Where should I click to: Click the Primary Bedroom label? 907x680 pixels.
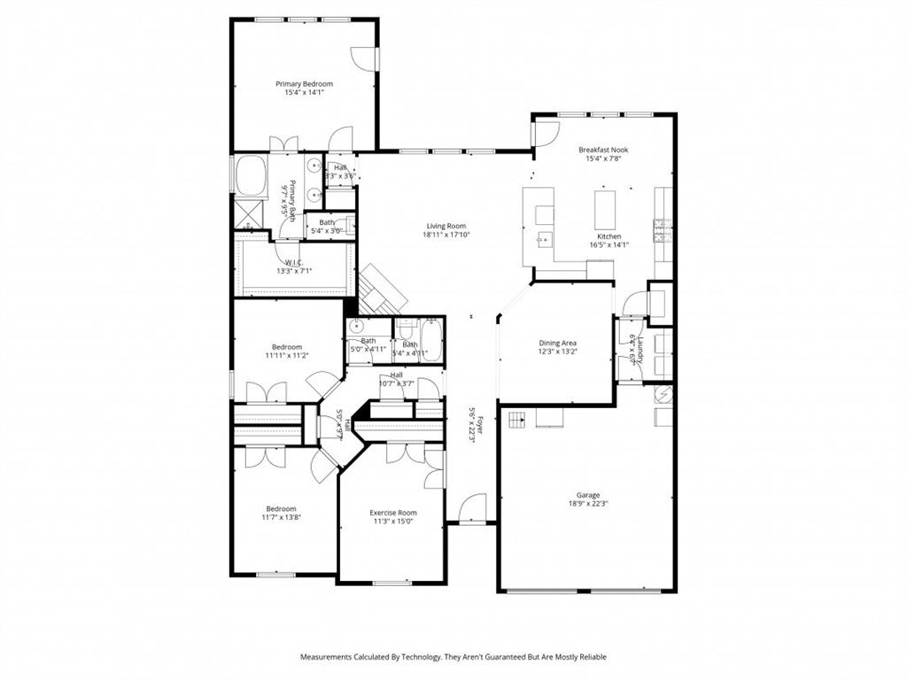tap(304, 84)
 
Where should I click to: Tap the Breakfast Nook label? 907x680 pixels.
tap(603, 151)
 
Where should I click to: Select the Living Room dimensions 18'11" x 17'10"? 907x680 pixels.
tap(446, 236)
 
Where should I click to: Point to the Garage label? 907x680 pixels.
tap(588, 495)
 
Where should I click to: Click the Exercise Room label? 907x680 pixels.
tap(392, 513)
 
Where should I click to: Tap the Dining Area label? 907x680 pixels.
tap(558, 343)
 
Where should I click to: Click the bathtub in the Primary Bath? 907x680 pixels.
tap(251, 174)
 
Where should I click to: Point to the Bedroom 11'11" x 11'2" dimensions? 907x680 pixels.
tap(287, 356)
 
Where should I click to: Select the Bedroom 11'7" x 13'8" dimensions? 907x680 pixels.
tap(282, 518)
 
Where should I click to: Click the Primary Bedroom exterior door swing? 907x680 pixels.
tap(364, 58)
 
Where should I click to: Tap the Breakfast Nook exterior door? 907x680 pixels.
tap(544, 134)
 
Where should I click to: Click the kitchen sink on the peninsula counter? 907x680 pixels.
tap(544, 238)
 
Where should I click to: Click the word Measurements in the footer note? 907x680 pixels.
tap(327, 657)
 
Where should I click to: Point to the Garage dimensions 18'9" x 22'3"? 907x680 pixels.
tap(588, 504)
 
